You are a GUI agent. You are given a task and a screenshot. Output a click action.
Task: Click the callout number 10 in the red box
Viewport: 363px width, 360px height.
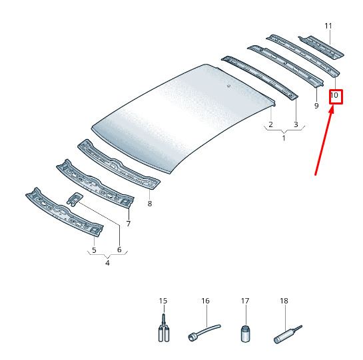[334, 95]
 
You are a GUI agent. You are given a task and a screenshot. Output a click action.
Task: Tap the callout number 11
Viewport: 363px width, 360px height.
[328, 26]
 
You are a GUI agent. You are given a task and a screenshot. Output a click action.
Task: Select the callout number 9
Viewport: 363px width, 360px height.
[316, 106]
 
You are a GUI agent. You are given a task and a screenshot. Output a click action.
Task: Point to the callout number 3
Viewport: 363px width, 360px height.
[296, 124]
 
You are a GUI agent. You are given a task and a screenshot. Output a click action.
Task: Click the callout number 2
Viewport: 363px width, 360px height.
[270, 124]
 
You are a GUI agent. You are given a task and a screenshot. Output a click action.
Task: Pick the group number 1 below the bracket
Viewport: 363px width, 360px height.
[284, 138]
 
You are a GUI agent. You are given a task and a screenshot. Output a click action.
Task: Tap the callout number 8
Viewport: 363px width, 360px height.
[150, 204]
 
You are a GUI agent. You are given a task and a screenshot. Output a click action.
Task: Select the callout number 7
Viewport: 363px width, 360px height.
[129, 224]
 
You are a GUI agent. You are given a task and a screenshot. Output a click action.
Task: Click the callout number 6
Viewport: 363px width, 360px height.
[119, 250]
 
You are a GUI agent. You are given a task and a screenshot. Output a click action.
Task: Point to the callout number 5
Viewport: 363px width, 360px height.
[94, 250]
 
